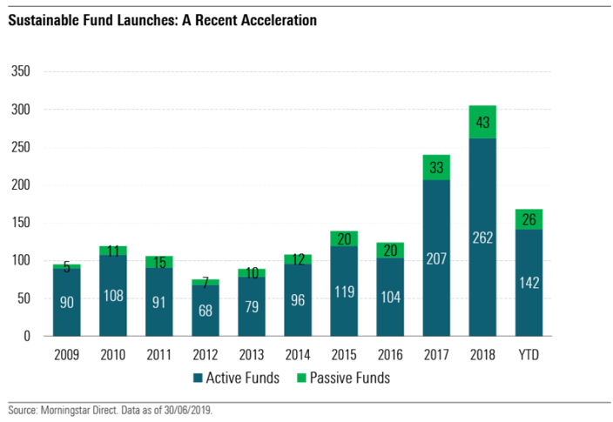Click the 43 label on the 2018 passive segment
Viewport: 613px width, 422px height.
[482, 123]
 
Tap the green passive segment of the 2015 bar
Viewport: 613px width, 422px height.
[343, 238]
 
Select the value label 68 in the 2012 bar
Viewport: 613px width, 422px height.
[205, 311]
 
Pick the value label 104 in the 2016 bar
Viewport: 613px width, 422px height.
[389, 296]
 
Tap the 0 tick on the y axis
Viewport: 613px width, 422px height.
[28, 336]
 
